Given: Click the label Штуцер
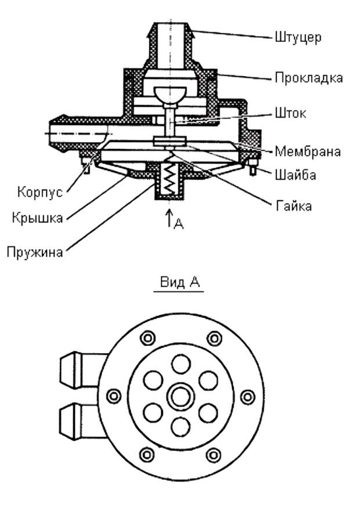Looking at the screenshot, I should tap(298, 38).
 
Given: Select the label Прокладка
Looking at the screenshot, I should tap(308, 77).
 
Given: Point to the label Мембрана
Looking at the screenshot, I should tap(308, 152).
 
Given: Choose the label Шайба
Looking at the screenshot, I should tap(295, 175).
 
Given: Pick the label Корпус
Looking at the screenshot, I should tap(39, 193).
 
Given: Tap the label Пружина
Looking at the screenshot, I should tap(35, 253).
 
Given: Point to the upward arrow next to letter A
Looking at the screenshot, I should tap(169, 218).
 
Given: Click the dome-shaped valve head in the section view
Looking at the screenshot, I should tap(168, 93).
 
